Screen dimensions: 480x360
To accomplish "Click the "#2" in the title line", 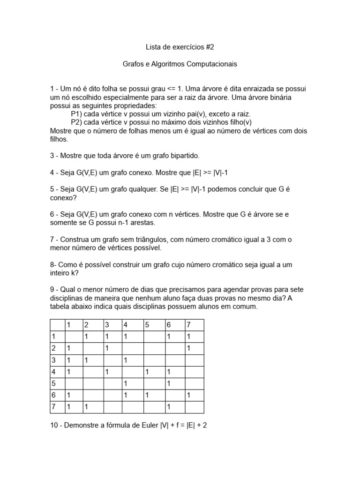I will (211, 47).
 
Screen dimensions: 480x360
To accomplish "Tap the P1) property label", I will (76, 114).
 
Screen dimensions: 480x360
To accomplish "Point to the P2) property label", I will (76, 122).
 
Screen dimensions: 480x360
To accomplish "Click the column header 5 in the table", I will (147, 325).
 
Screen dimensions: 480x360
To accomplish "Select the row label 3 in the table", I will (54, 360).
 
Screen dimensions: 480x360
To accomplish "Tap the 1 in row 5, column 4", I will (126, 383).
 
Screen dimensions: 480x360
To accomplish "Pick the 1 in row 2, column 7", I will (188, 348).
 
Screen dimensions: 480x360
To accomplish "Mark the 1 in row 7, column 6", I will (169, 407).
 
